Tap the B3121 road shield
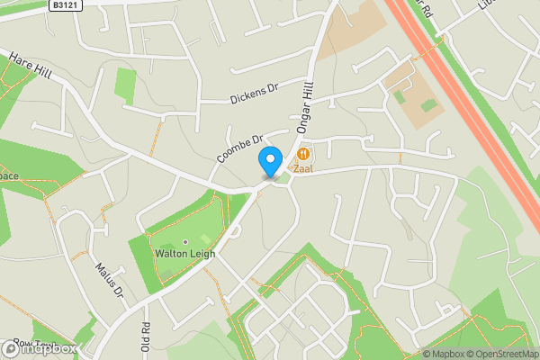tap(62, 5)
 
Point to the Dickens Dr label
tap(256, 91)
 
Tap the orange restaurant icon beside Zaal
tap(301, 154)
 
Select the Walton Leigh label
tap(185, 254)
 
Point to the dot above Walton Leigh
tap(185, 242)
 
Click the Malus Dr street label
tap(108, 278)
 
